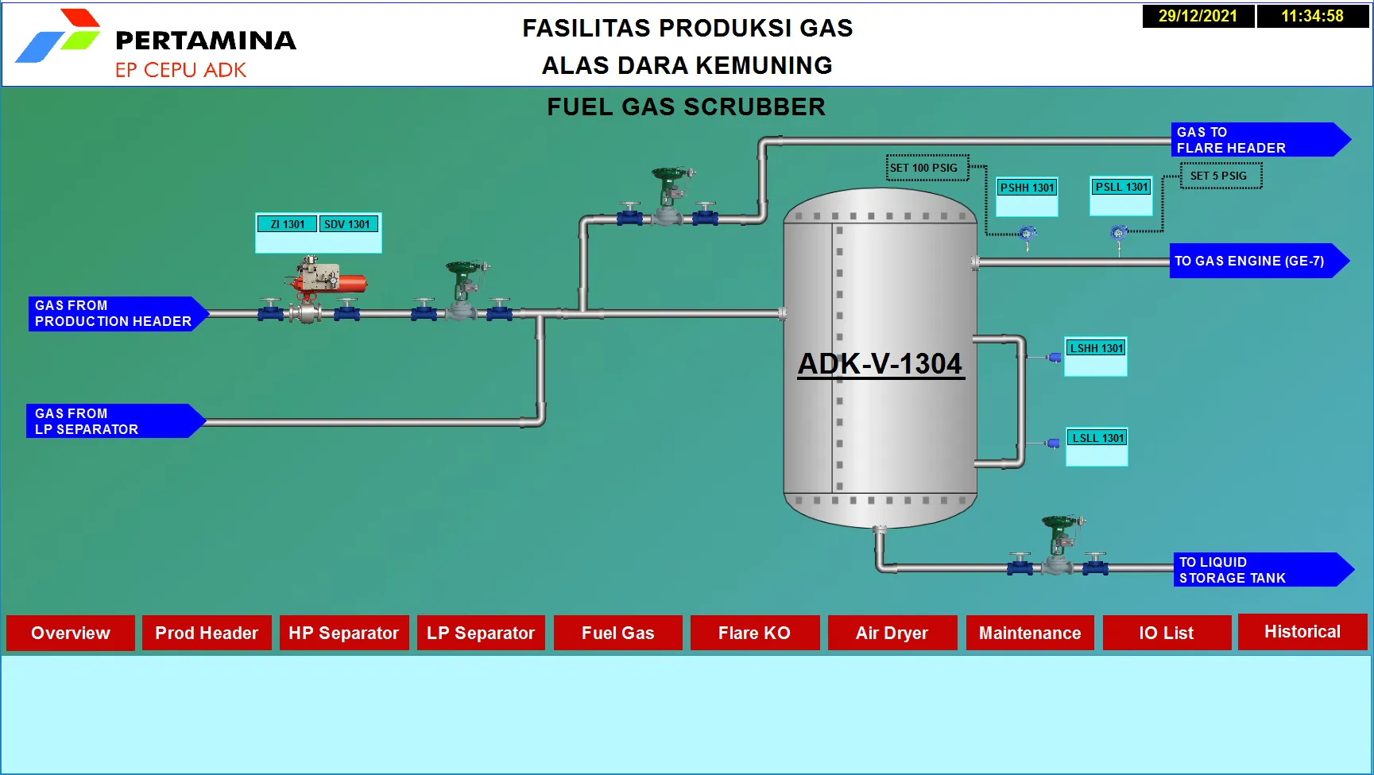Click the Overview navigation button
point(71,633)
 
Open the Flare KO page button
point(754,633)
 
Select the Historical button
point(1302,632)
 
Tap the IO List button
point(1167,633)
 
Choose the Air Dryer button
point(892,633)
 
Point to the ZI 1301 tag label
point(287,224)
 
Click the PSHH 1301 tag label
point(1027,188)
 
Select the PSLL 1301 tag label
point(1121,187)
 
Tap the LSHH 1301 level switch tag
point(1096,348)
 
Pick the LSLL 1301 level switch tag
point(1097,438)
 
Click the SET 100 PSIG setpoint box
point(927,168)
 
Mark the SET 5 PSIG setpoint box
point(1221,176)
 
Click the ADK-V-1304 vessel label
point(881,364)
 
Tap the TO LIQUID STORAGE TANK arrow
point(1264,570)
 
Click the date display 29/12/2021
point(1198,16)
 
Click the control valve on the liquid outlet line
point(1059,548)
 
